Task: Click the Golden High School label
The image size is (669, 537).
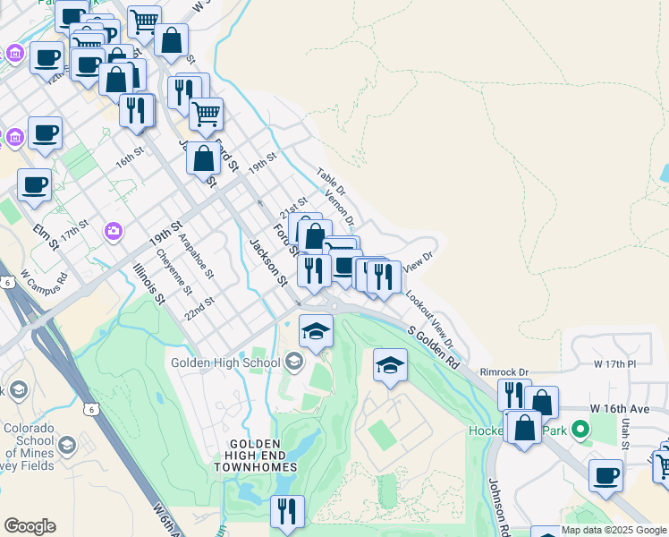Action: (x=227, y=362)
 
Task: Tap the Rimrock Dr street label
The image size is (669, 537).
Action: (x=504, y=371)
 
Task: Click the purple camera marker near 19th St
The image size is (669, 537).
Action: (x=114, y=231)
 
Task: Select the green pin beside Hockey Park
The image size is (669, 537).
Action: (x=580, y=430)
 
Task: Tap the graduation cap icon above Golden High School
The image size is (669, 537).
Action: (x=316, y=332)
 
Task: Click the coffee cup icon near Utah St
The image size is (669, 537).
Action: (x=605, y=475)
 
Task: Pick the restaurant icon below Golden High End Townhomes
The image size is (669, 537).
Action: (x=287, y=511)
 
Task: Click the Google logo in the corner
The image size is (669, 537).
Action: (x=30, y=526)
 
